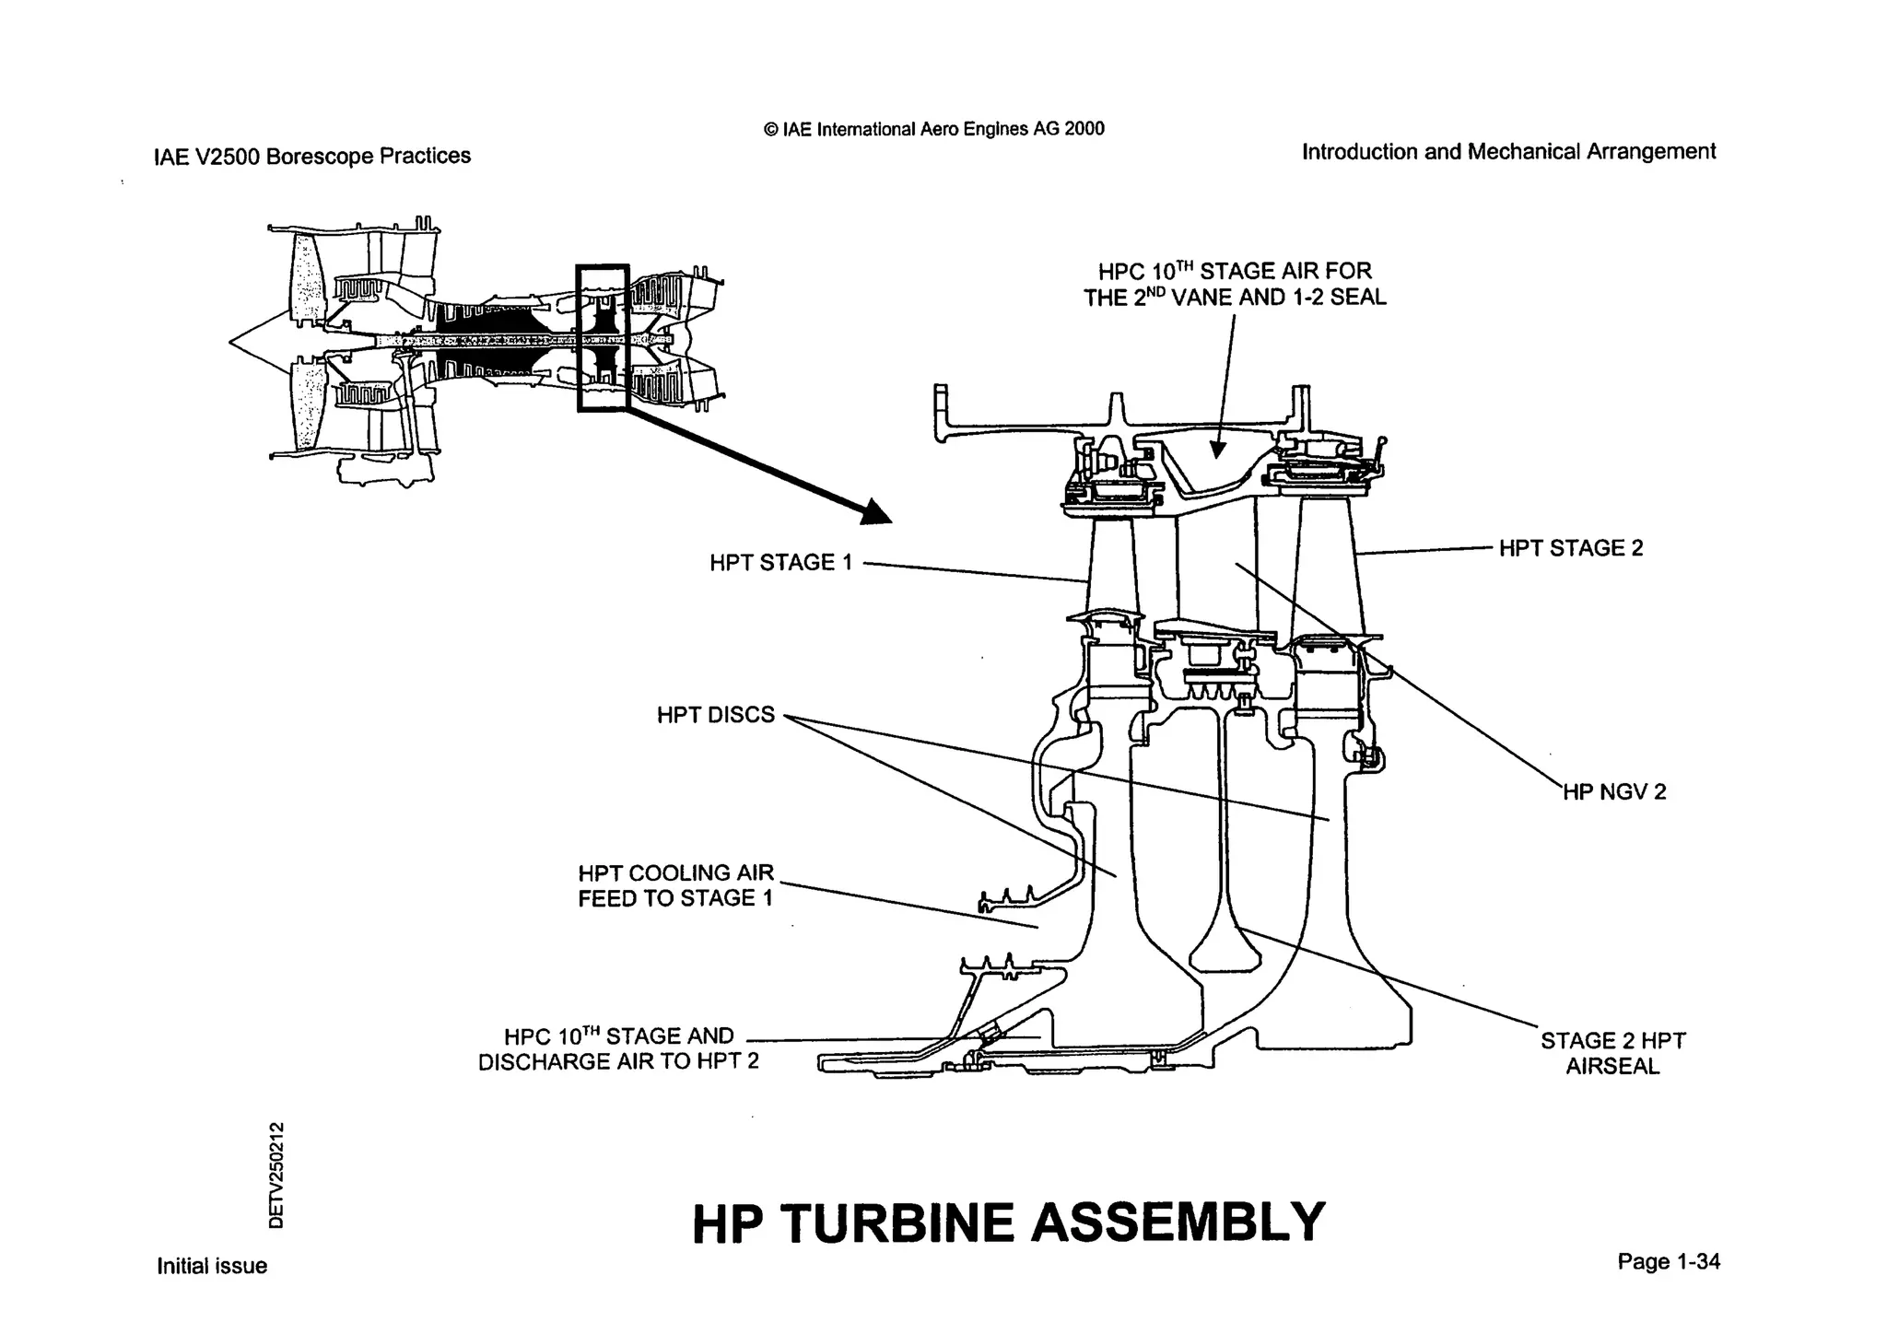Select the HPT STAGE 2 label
[x=1570, y=548]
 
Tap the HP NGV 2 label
[x=1614, y=792]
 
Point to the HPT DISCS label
[x=715, y=715]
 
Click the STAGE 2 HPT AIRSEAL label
[x=1612, y=1053]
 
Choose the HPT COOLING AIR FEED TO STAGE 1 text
[x=675, y=885]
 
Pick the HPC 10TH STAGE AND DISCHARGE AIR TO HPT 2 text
[x=618, y=1048]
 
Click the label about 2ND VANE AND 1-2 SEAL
[x=1235, y=284]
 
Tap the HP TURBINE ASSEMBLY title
[x=1008, y=1223]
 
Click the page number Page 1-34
[x=1668, y=1261]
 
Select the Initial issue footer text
[x=212, y=1266]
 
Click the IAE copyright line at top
[x=934, y=129]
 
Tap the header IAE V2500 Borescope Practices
[x=312, y=156]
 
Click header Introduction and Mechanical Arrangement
[x=1508, y=151]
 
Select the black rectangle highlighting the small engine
[x=603, y=338]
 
